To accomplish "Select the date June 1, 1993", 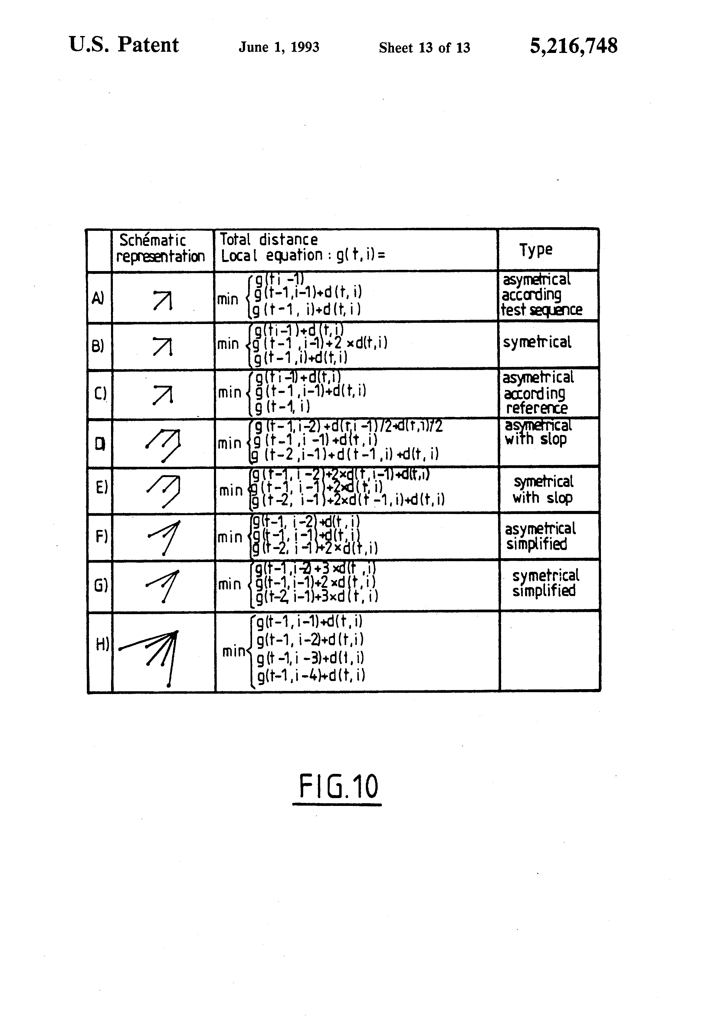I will click(x=279, y=47).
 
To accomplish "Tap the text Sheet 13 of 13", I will click(x=424, y=47).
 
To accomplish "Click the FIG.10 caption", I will click(x=338, y=787).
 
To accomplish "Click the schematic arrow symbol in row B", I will click(x=162, y=346).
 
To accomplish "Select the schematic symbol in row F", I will click(x=164, y=536).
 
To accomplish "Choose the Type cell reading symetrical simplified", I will click(x=545, y=583).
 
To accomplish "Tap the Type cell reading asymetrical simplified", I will click(x=540, y=536).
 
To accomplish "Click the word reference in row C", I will click(x=536, y=408).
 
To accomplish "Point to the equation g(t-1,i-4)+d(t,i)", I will click(x=311, y=676).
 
